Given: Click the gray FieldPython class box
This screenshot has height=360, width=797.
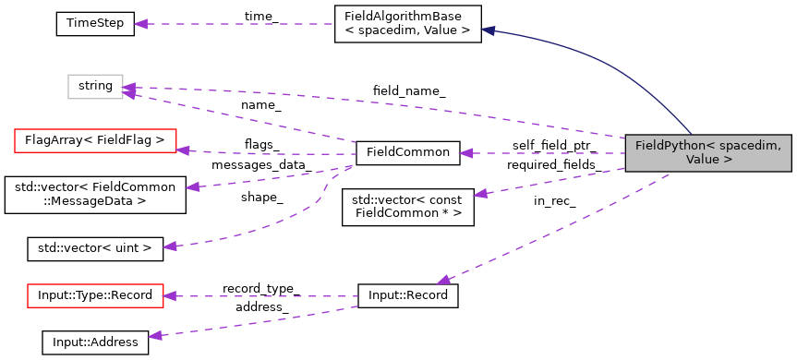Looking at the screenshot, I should click(x=707, y=152).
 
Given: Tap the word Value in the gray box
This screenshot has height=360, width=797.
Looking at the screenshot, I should click(x=702, y=160).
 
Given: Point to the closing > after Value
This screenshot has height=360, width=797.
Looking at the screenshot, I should click(x=728, y=160).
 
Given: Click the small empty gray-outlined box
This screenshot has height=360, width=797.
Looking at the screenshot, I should click(x=95, y=87).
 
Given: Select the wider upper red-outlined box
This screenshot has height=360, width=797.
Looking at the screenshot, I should click(x=95, y=140).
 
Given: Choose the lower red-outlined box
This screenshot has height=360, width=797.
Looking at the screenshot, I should click(x=95, y=295).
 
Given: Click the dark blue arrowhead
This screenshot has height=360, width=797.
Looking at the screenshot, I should click(x=488, y=30).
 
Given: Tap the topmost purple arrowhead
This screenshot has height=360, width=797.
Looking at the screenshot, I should click(x=140, y=24).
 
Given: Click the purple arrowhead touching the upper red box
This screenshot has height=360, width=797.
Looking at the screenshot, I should click(x=183, y=150).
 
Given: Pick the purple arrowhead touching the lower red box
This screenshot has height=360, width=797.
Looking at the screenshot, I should click(x=170, y=296).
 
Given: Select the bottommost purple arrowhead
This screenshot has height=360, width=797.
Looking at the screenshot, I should click(x=155, y=336).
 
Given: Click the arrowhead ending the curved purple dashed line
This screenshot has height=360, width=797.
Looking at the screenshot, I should click(x=170, y=246).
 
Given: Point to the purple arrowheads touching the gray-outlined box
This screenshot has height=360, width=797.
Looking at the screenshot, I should click(x=129, y=90).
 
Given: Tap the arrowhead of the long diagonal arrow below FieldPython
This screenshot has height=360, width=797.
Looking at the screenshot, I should click(x=444, y=279).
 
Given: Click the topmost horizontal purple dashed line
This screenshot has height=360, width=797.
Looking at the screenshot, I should click(x=240, y=24).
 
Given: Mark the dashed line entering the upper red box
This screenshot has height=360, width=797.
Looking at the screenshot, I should click(x=268, y=153).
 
